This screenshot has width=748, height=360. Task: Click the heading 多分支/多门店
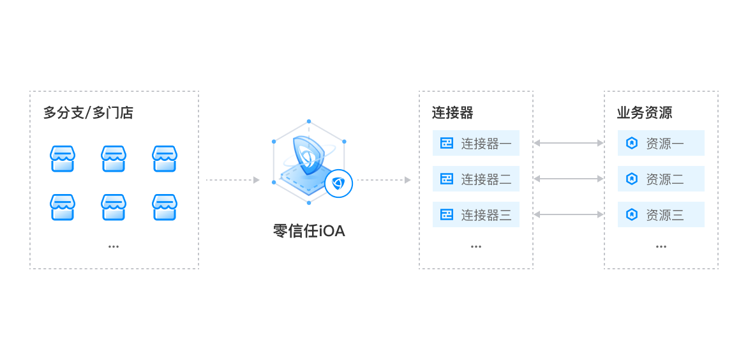click(88, 114)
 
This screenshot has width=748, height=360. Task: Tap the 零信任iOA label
click(309, 231)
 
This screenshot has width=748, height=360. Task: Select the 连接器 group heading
click(453, 114)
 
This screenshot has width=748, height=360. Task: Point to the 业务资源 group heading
click(644, 114)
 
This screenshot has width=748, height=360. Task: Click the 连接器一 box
click(476, 144)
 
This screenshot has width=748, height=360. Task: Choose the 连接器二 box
click(476, 179)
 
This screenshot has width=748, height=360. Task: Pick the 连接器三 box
click(476, 215)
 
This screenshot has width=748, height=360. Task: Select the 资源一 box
click(661, 144)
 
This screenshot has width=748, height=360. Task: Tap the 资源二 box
click(661, 179)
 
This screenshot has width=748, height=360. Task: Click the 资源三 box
click(661, 215)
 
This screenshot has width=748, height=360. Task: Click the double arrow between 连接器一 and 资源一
click(568, 143)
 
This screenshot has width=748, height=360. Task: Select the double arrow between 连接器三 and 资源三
click(568, 214)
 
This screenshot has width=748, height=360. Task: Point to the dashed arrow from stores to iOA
click(233, 180)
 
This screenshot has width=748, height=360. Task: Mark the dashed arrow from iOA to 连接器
click(384, 180)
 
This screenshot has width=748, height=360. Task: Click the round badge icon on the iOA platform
click(339, 184)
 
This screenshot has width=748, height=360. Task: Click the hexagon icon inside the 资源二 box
click(632, 179)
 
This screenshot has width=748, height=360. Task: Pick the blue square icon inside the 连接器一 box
click(447, 144)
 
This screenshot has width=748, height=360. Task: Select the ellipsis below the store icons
click(114, 246)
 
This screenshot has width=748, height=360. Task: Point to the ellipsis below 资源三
click(661, 246)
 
